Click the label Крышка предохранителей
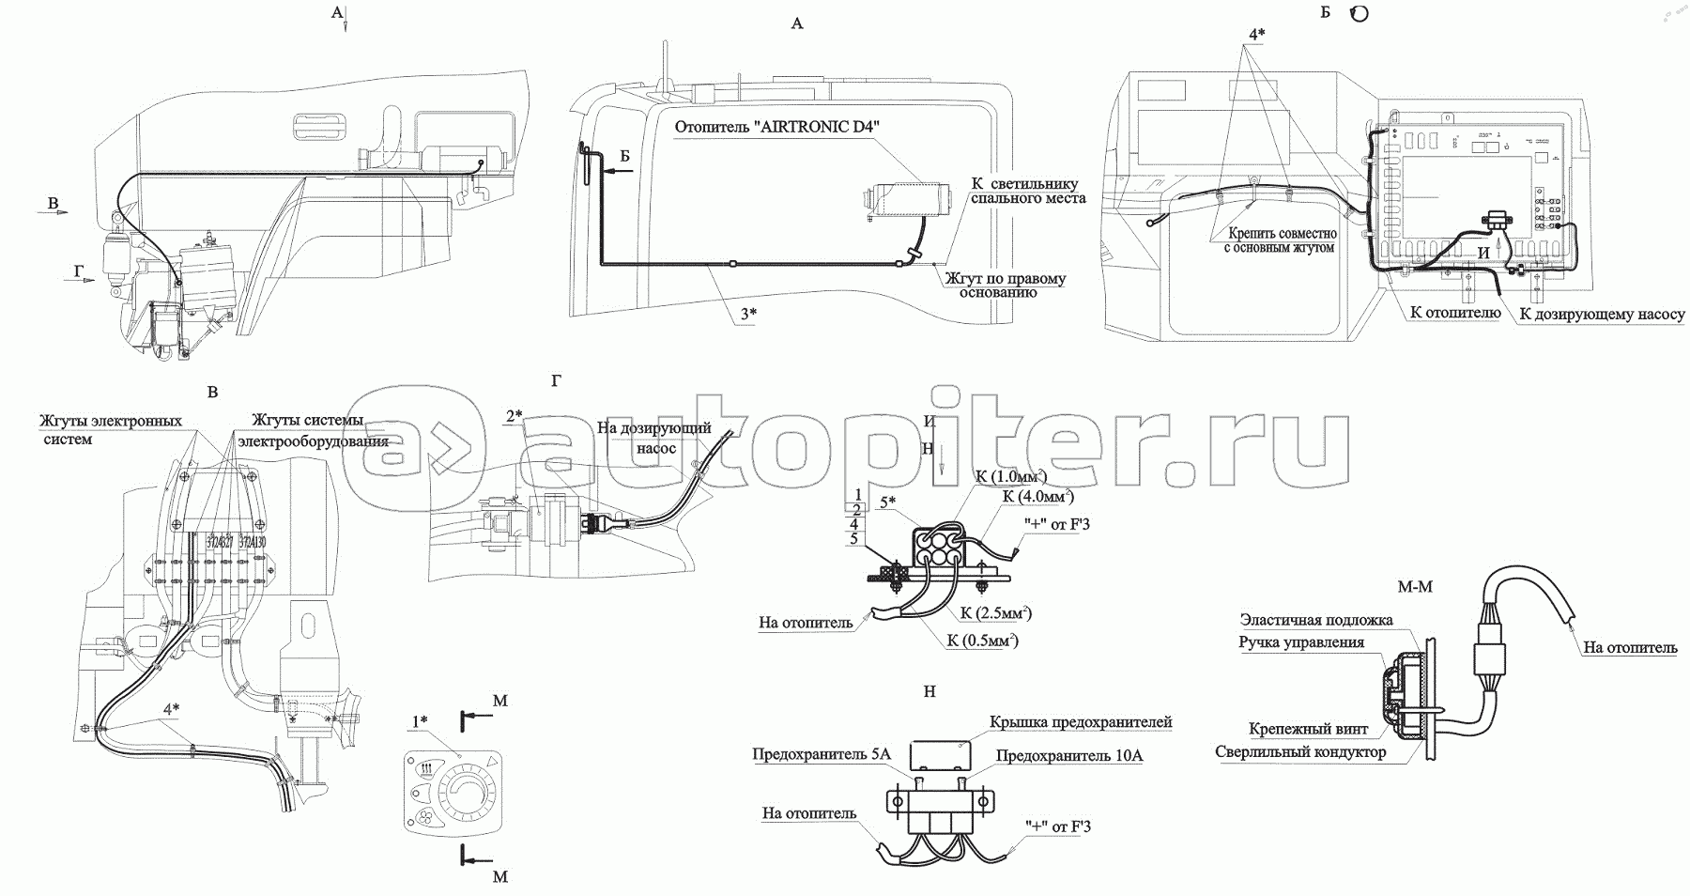[1081, 722]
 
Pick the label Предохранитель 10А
[1069, 756]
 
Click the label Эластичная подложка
[1315, 620]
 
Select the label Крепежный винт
[1308, 729]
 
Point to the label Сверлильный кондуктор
[1300, 752]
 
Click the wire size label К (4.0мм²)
[1037, 496]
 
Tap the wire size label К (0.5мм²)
[983, 641]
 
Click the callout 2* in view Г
[514, 416]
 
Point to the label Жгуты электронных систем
[111, 430]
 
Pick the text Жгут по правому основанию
[1006, 286]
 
